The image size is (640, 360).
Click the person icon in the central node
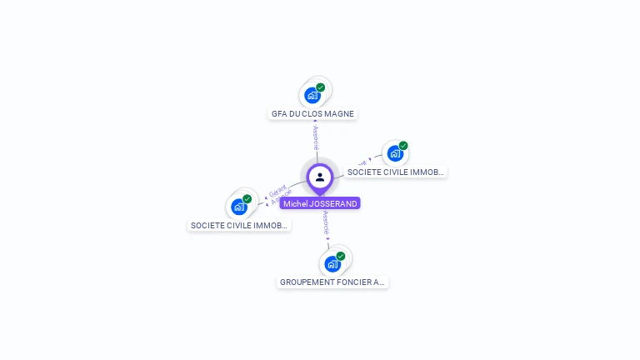coord(320,177)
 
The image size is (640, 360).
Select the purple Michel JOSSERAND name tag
coord(320,203)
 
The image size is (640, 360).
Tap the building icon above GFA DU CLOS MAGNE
coord(312,95)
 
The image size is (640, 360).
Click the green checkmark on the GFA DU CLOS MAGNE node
coord(321,87)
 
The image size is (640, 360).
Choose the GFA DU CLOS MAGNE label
coord(313,113)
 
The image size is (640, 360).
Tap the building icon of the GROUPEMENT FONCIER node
coord(332,264)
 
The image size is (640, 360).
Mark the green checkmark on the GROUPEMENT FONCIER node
coord(341,256)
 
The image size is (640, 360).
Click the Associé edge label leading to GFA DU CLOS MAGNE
coord(316,137)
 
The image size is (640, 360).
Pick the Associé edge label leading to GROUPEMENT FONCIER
coord(327,223)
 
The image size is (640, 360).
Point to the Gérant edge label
coord(277,191)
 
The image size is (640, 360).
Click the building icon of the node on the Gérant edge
coord(239,207)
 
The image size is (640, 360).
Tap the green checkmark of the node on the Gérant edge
coord(247,199)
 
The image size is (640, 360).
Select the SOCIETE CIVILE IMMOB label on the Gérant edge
coord(239,225)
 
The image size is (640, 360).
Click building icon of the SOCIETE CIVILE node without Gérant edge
coord(395,153)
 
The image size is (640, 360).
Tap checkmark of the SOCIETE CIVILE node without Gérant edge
coord(403,146)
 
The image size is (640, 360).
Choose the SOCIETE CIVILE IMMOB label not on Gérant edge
coord(396,172)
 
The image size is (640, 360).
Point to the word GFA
coord(279,113)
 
